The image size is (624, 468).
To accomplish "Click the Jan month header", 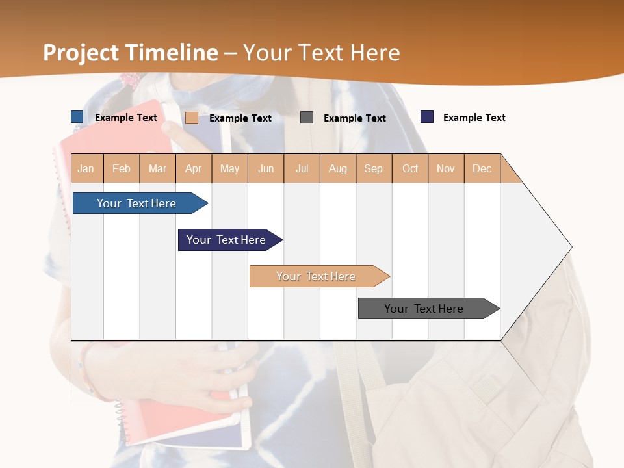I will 86,168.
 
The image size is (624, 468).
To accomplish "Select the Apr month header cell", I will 194,168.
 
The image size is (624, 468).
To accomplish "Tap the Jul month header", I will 302,168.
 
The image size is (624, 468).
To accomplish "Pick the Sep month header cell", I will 374,168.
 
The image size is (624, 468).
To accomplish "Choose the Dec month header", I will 482,168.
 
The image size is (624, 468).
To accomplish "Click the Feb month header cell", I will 122,168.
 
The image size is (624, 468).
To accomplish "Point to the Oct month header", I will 410,168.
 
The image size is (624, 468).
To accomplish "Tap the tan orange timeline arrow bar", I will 317,276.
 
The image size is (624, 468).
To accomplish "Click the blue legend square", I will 77,117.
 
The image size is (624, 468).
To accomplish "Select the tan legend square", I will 192,118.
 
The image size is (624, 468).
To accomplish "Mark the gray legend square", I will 307,118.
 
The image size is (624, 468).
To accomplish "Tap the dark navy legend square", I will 427,117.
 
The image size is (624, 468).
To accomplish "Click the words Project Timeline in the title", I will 131,53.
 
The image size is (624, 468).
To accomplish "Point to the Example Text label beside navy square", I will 474,118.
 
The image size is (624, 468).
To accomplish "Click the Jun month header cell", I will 266,168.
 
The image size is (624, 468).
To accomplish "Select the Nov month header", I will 446,168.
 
